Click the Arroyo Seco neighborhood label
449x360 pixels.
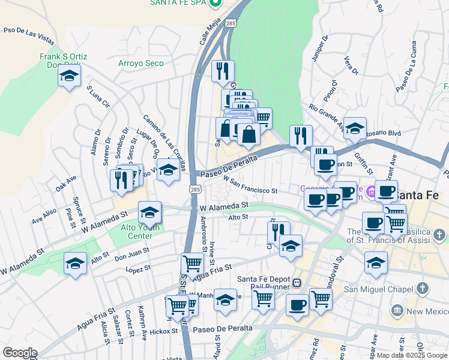(141, 63)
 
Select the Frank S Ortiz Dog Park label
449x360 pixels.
(67, 60)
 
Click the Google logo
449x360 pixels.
(19, 353)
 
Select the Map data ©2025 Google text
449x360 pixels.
(412, 355)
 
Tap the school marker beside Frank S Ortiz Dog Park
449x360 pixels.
(70, 76)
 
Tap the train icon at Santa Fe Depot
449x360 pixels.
(296, 281)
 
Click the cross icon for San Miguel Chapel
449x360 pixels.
(423, 289)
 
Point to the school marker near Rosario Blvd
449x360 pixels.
(355, 128)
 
